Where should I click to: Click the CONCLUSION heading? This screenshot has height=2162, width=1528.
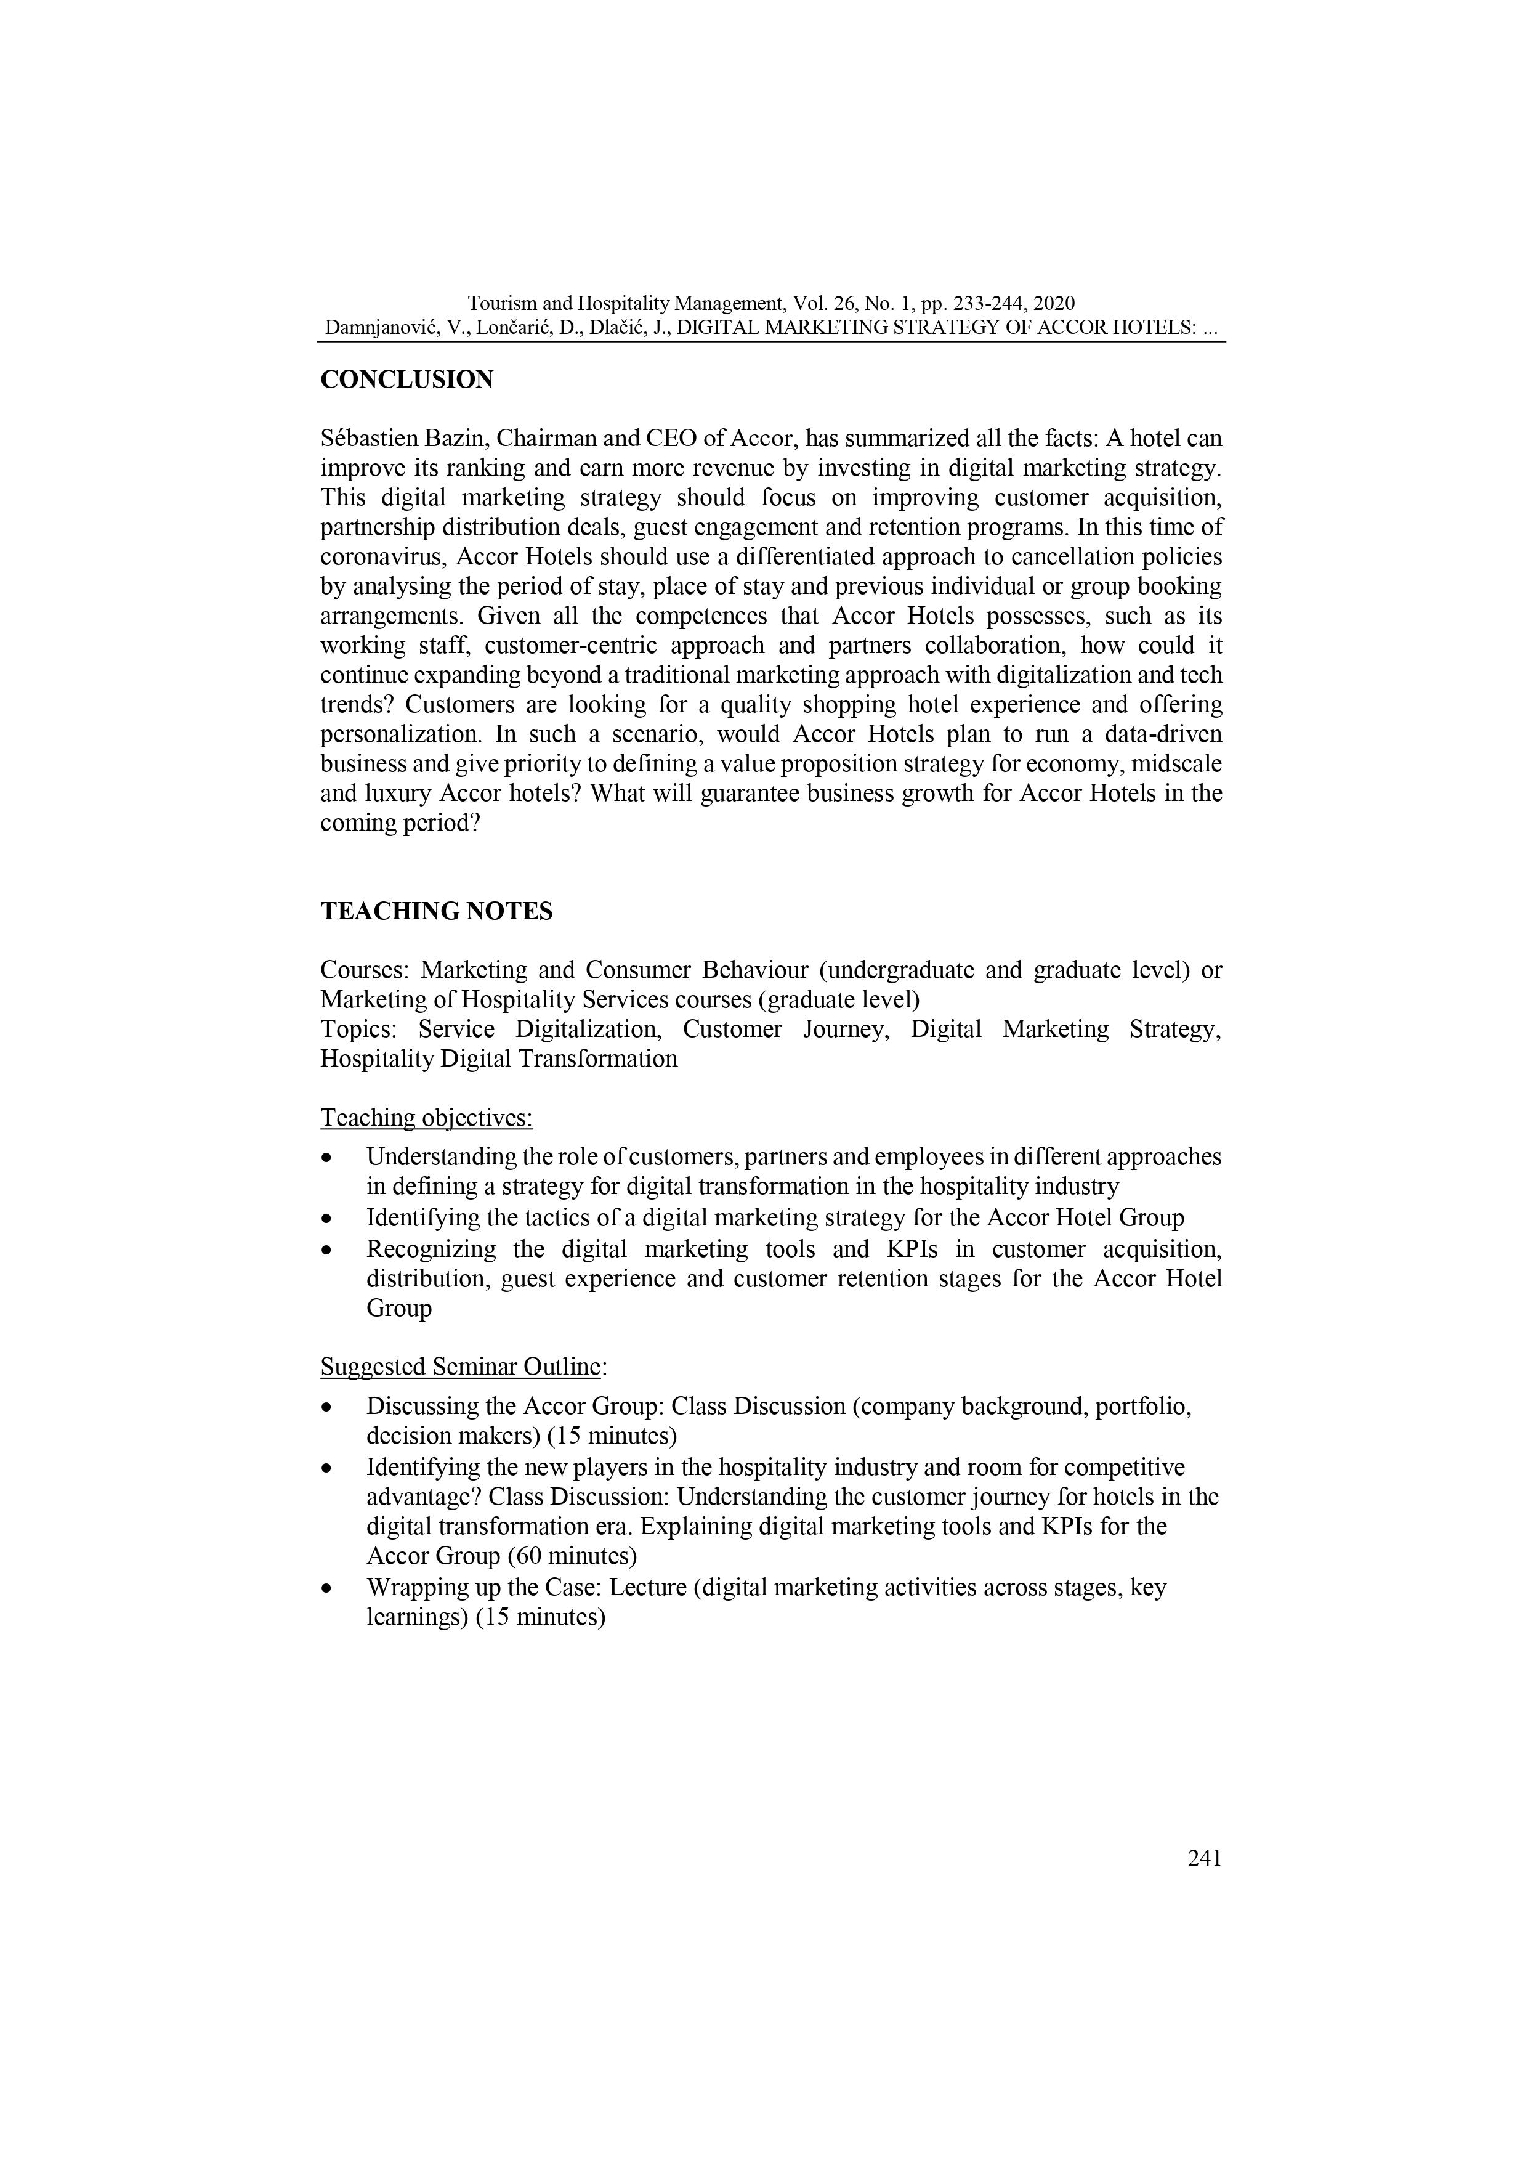(x=406, y=380)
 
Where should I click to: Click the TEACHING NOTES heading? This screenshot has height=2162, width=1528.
(x=436, y=911)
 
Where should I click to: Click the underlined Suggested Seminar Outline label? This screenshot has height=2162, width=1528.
(x=461, y=1367)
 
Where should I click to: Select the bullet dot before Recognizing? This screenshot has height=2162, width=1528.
(x=326, y=1251)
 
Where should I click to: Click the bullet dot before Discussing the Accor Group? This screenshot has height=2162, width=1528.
(x=326, y=1408)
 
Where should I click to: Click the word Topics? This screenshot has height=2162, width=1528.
(x=358, y=1029)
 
